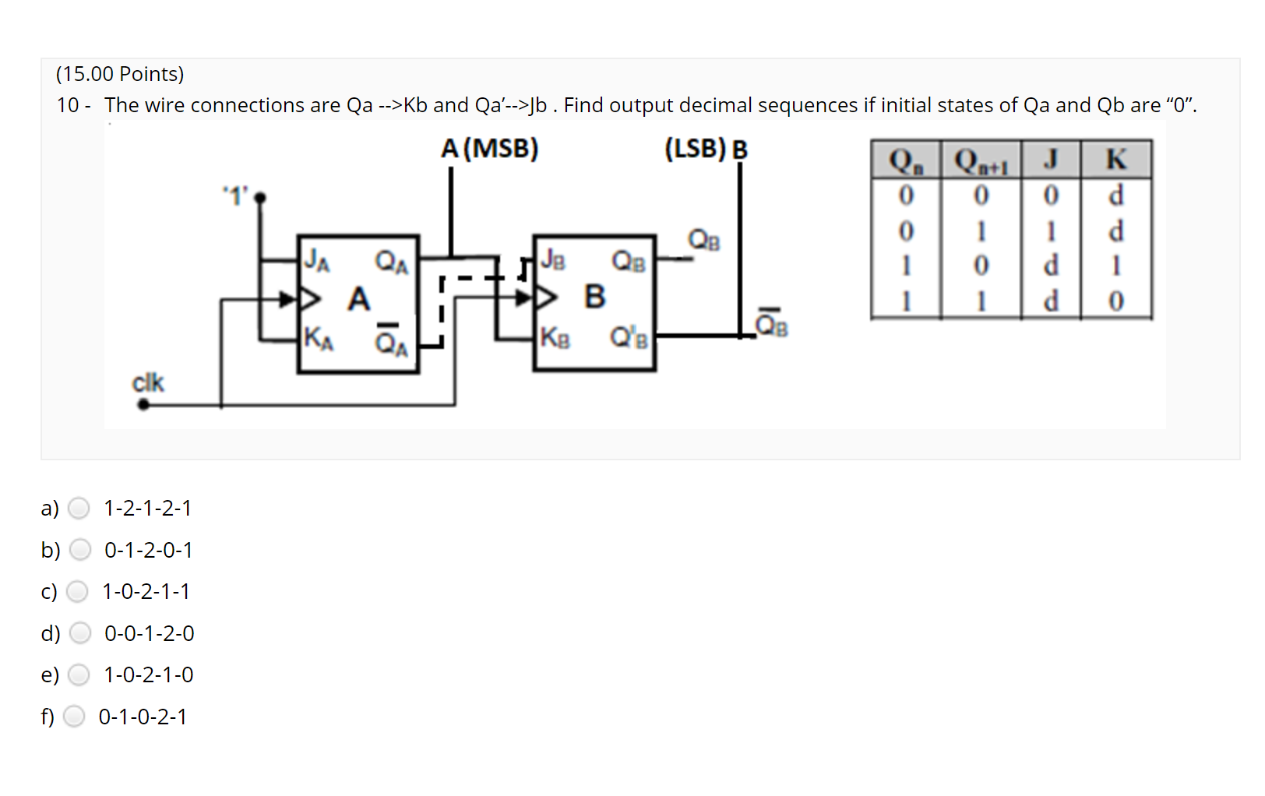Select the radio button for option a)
coord(79,509)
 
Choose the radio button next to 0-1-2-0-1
coord(80,550)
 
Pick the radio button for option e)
coord(79,674)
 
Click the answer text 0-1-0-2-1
coord(143,717)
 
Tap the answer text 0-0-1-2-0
coord(150,633)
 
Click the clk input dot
coord(143,404)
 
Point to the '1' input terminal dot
coord(260,198)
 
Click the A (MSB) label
coord(489,148)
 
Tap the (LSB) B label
coord(705,148)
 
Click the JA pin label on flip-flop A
coord(316,259)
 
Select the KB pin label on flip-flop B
coord(555,338)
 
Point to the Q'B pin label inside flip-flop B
coord(629,338)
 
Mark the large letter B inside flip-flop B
coord(594,297)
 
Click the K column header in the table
coord(1115,160)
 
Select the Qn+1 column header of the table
coord(981,161)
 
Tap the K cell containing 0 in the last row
coord(1115,301)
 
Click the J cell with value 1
coord(1050,231)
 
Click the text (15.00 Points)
coord(120,74)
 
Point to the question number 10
coord(68,105)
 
